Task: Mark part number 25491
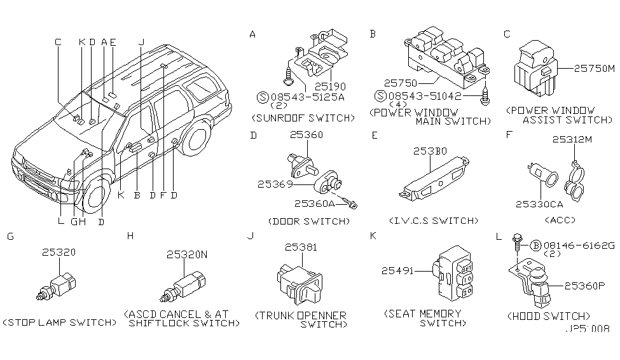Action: [x=397, y=272]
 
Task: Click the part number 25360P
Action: [x=585, y=286]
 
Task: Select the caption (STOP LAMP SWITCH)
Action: [x=60, y=322]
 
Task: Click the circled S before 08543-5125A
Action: [x=261, y=97]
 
